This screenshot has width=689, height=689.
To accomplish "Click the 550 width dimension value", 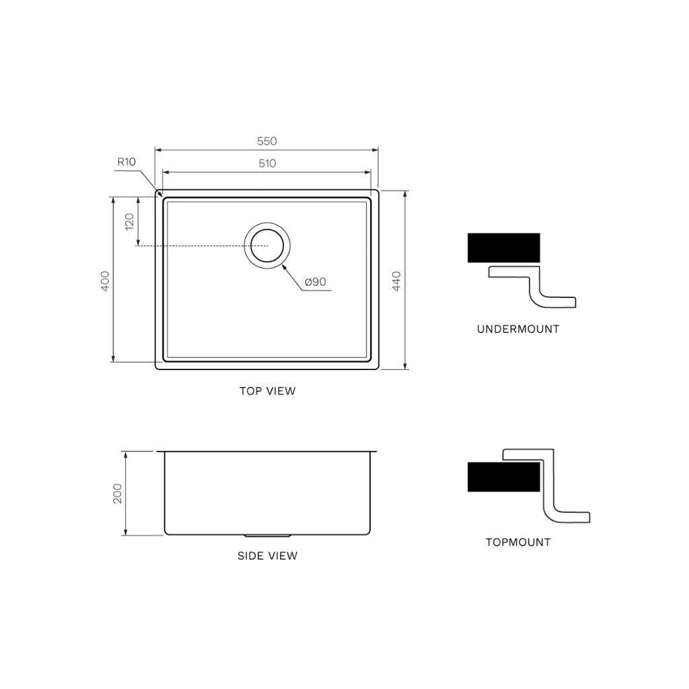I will [266, 141].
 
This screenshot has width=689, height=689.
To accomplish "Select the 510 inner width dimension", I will [266, 164].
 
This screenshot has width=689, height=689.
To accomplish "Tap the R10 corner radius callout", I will [126, 161].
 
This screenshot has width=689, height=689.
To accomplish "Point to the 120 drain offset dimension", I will [129, 221].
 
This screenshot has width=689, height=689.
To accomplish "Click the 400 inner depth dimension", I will [104, 281].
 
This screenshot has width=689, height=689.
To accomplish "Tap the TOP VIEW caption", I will [267, 391].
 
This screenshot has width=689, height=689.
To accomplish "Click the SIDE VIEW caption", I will [267, 556].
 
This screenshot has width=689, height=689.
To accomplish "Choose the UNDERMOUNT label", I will [518, 330].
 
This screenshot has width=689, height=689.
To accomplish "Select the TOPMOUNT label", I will [518, 542].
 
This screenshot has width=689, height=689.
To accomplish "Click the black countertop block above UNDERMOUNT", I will [503, 248].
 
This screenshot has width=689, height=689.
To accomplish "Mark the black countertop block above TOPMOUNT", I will [503, 477].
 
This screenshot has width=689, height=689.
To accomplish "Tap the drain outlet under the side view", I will [268, 536].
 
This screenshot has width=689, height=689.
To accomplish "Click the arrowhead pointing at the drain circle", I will [285, 267].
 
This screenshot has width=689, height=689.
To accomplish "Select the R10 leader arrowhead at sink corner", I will [159, 193].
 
